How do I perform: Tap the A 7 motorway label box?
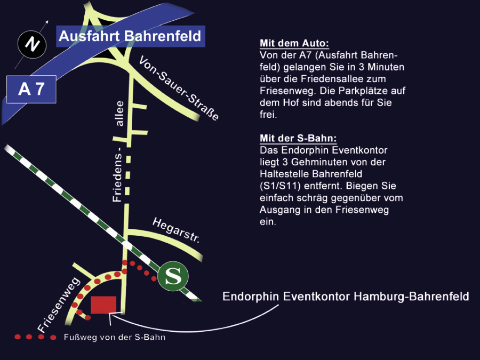pyautogui.click(x=31, y=89)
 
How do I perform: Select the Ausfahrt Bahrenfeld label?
pyautogui.click(x=130, y=36)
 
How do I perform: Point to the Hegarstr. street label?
pyautogui.click(x=176, y=230)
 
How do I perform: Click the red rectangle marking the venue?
pyautogui.click(x=103, y=305)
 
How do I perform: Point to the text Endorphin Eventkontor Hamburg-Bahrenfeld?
pyautogui.click(x=346, y=297)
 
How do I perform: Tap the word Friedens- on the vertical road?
pyautogui.click(x=118, y=175)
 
